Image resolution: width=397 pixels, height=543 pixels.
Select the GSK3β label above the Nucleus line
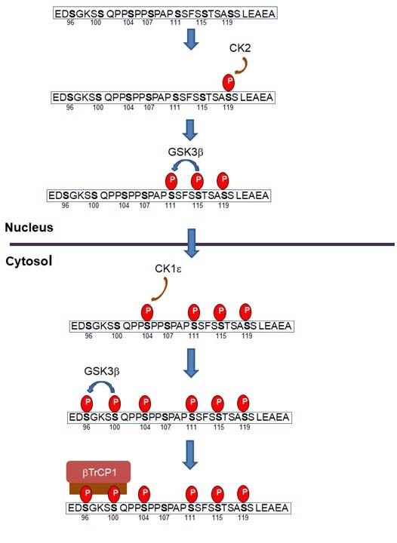186,150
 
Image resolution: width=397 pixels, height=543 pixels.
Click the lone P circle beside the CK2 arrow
227,81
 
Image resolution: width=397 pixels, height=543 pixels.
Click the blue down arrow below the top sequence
192,40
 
